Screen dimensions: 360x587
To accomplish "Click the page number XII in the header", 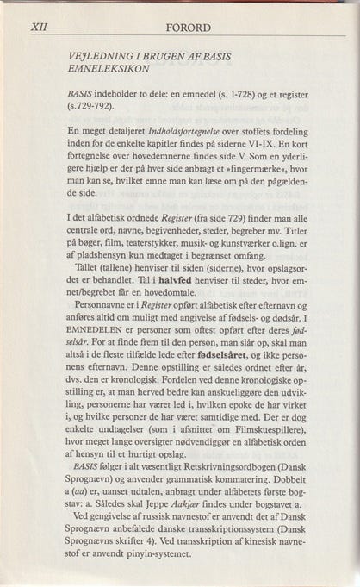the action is (x=39, y=26).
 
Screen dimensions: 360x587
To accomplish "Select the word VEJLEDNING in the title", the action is (x=101, y=54).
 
